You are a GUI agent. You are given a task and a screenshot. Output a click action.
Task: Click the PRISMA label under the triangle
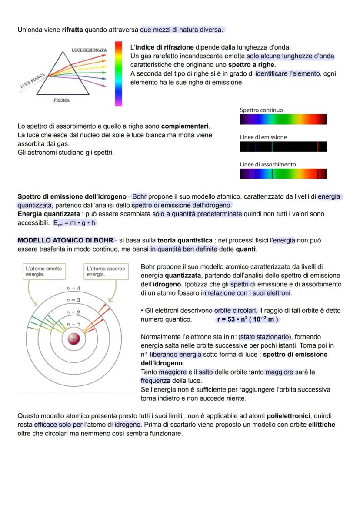click(61, 100)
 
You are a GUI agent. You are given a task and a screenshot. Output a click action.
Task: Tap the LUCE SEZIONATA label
click(89, 50)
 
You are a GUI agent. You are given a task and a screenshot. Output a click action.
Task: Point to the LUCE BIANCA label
click(33, 81)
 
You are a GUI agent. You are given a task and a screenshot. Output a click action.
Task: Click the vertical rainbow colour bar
click(118, 74)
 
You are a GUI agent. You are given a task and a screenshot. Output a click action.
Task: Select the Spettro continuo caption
click(261, 110)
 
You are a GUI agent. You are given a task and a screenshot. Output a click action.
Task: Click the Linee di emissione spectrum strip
click(283, 147)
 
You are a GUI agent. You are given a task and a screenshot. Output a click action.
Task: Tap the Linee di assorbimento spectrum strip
click(283, 174)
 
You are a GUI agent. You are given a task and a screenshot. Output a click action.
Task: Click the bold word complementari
click(185, 126)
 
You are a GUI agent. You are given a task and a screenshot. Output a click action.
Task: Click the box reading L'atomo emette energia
click(43, 272)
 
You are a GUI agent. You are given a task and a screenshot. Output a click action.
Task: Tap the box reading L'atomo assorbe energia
click(106, 272)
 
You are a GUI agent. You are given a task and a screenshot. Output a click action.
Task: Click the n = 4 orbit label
click(73, 289)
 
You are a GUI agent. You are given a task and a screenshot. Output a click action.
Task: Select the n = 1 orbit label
click(73, 325)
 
